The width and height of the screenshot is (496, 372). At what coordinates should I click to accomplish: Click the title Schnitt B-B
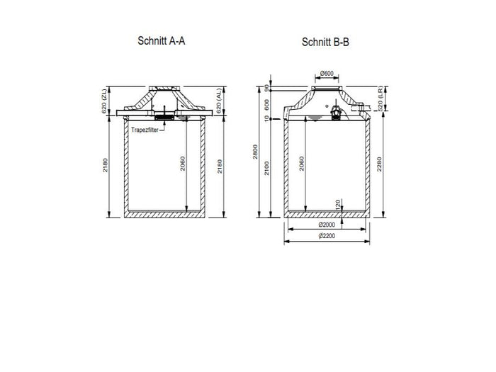pos(325,42)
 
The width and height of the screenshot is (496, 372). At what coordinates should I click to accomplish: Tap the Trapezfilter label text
pos(146,130)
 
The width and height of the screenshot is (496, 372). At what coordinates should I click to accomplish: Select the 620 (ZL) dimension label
pos(103,102)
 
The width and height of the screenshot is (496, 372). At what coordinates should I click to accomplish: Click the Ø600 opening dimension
pos(327,74)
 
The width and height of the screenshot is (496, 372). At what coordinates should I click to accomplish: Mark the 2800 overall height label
pos(255,152)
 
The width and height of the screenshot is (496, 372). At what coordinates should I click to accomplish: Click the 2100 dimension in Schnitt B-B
pos(266,169)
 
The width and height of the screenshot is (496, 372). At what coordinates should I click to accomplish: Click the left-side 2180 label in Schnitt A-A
pos(104,169)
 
